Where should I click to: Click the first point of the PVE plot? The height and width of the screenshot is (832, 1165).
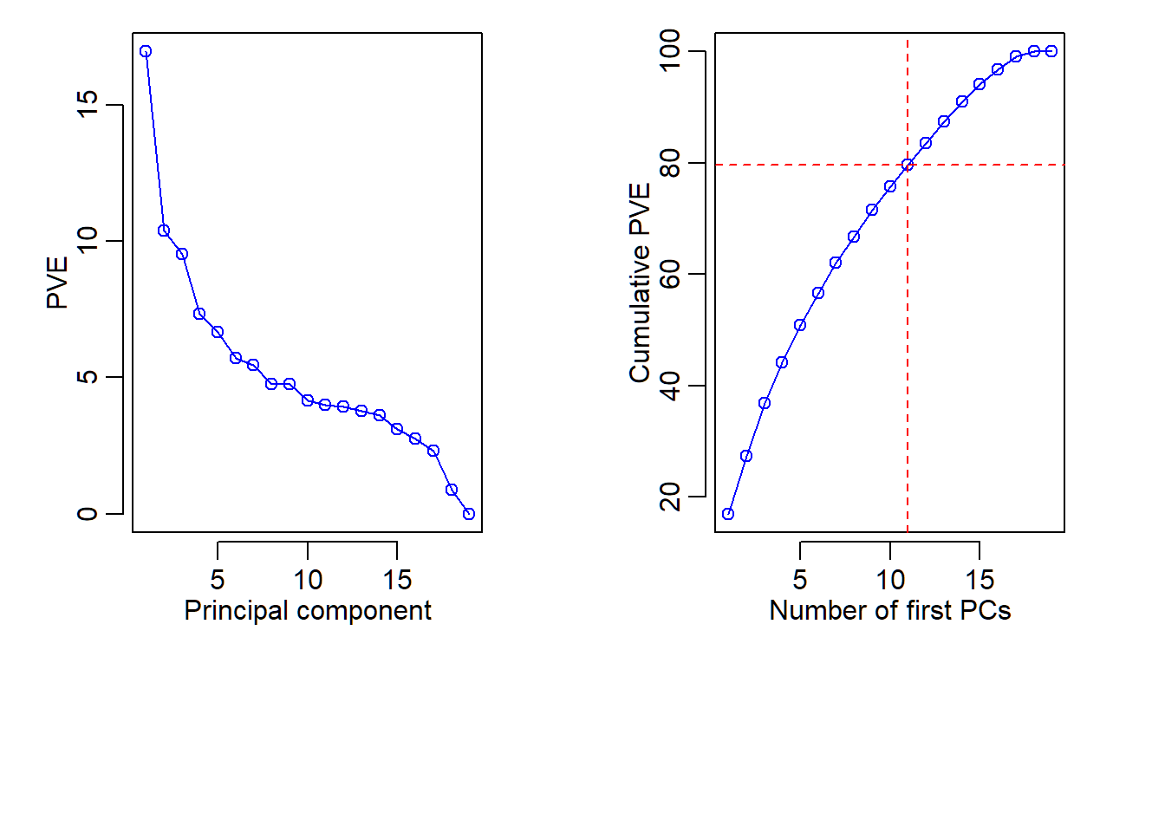click(146, 51)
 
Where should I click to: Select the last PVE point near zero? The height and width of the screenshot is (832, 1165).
click(469, 514)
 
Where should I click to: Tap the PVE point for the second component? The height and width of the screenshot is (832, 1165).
click(164, 231)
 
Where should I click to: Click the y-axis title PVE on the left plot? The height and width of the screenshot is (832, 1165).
click(57, 283)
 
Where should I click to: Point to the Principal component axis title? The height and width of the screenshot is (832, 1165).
click(308, 610)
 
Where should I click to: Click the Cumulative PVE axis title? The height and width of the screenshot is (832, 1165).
click(640, 283)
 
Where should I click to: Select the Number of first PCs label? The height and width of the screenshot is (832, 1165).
click(890, 610)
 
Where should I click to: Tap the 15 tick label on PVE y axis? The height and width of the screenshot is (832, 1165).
click(88, 105)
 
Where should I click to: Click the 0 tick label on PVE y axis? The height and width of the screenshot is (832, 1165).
click(88, 514)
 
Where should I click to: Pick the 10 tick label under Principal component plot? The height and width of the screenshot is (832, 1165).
click(308, 579)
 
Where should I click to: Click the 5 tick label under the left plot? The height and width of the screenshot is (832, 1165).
click(218, 579)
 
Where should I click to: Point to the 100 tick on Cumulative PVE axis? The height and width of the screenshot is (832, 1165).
click(670, 51)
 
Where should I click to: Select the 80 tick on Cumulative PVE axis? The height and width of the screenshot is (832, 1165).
click(670, 163)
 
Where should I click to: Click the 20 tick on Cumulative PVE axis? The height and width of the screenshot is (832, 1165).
click(670, 497)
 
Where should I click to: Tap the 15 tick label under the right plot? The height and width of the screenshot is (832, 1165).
click(980, 579)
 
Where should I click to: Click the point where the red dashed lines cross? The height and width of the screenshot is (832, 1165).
click(908, 165)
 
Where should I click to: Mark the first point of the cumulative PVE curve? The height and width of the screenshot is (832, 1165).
click(728, 514)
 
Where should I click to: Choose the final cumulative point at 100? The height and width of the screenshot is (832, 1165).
click(1051, 51)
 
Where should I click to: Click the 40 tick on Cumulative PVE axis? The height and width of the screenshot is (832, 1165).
click(670, 386)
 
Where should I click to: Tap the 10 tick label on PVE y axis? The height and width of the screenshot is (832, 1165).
click(88, 241)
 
